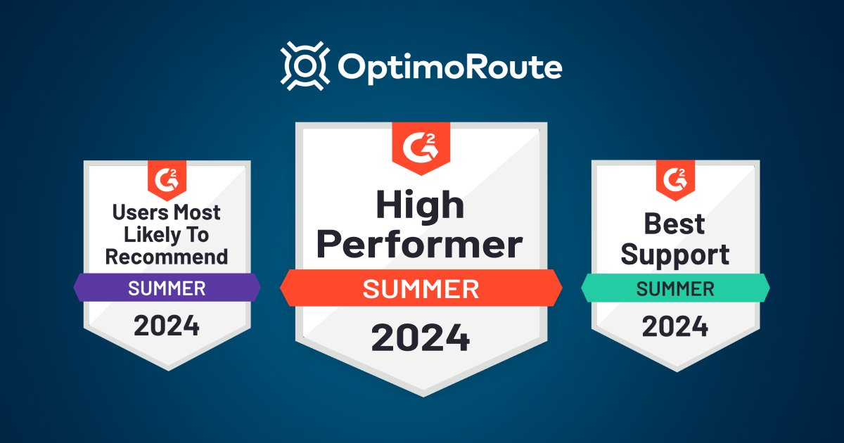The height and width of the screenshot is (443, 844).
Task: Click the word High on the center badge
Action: pyautogui.click(x=420, y=205)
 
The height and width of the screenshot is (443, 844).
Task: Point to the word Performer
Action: pyautogui.click(x=420, y=245)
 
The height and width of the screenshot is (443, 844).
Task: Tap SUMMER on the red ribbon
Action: pyautogui.click(x=421, y=289)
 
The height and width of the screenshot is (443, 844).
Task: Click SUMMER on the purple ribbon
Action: pyautogui.click(x=167, y=288)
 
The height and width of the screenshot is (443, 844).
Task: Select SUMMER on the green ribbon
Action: pyautogui.click(x=675, y=288)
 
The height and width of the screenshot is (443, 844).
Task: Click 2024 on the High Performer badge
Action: pyautogui.click(x=421, y=338)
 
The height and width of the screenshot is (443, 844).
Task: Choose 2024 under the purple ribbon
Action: pyautogui.click(x=167, y=326)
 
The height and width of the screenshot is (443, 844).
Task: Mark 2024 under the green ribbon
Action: pyautogui.click(x=675, y=326)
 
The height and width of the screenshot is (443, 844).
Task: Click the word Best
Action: pyautogui.click(x=675, y=225)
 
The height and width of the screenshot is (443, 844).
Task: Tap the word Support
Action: pyautogui.click(x=675, y=255)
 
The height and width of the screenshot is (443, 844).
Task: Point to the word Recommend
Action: pyautogui.click(x=167, y=257)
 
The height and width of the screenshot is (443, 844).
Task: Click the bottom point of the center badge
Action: pyautogui.click(x=423, y=394)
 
